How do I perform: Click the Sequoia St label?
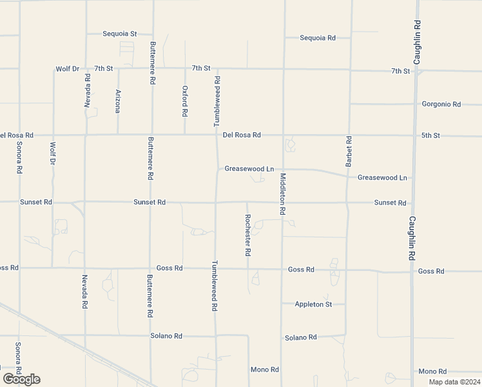[x=120, y=34]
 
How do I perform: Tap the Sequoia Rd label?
[x=318, y=38]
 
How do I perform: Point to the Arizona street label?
[x=118, y=101]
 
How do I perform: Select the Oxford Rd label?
[x=185, y=101]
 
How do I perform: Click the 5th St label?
[x=430, y=135]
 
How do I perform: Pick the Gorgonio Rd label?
[x=441, y=104]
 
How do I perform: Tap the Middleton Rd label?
[x=282, y=193]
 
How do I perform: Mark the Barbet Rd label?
[x=349, y=152]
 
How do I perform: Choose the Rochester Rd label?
[x=247, y=235]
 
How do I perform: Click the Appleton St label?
[x=313, y=304]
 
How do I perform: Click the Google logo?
[x=21, y=379]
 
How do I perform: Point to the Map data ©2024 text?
[x=454, y=382]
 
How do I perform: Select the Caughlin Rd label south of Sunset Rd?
[x=412, y=237]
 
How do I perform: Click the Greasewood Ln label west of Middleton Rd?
[x=245, y=169]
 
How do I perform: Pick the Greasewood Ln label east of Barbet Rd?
[x=382, y=177]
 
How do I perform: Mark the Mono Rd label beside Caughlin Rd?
[x=432, y=372]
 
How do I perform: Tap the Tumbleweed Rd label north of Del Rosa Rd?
[x=217, y=101]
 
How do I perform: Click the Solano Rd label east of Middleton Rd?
[x=302, y=337]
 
